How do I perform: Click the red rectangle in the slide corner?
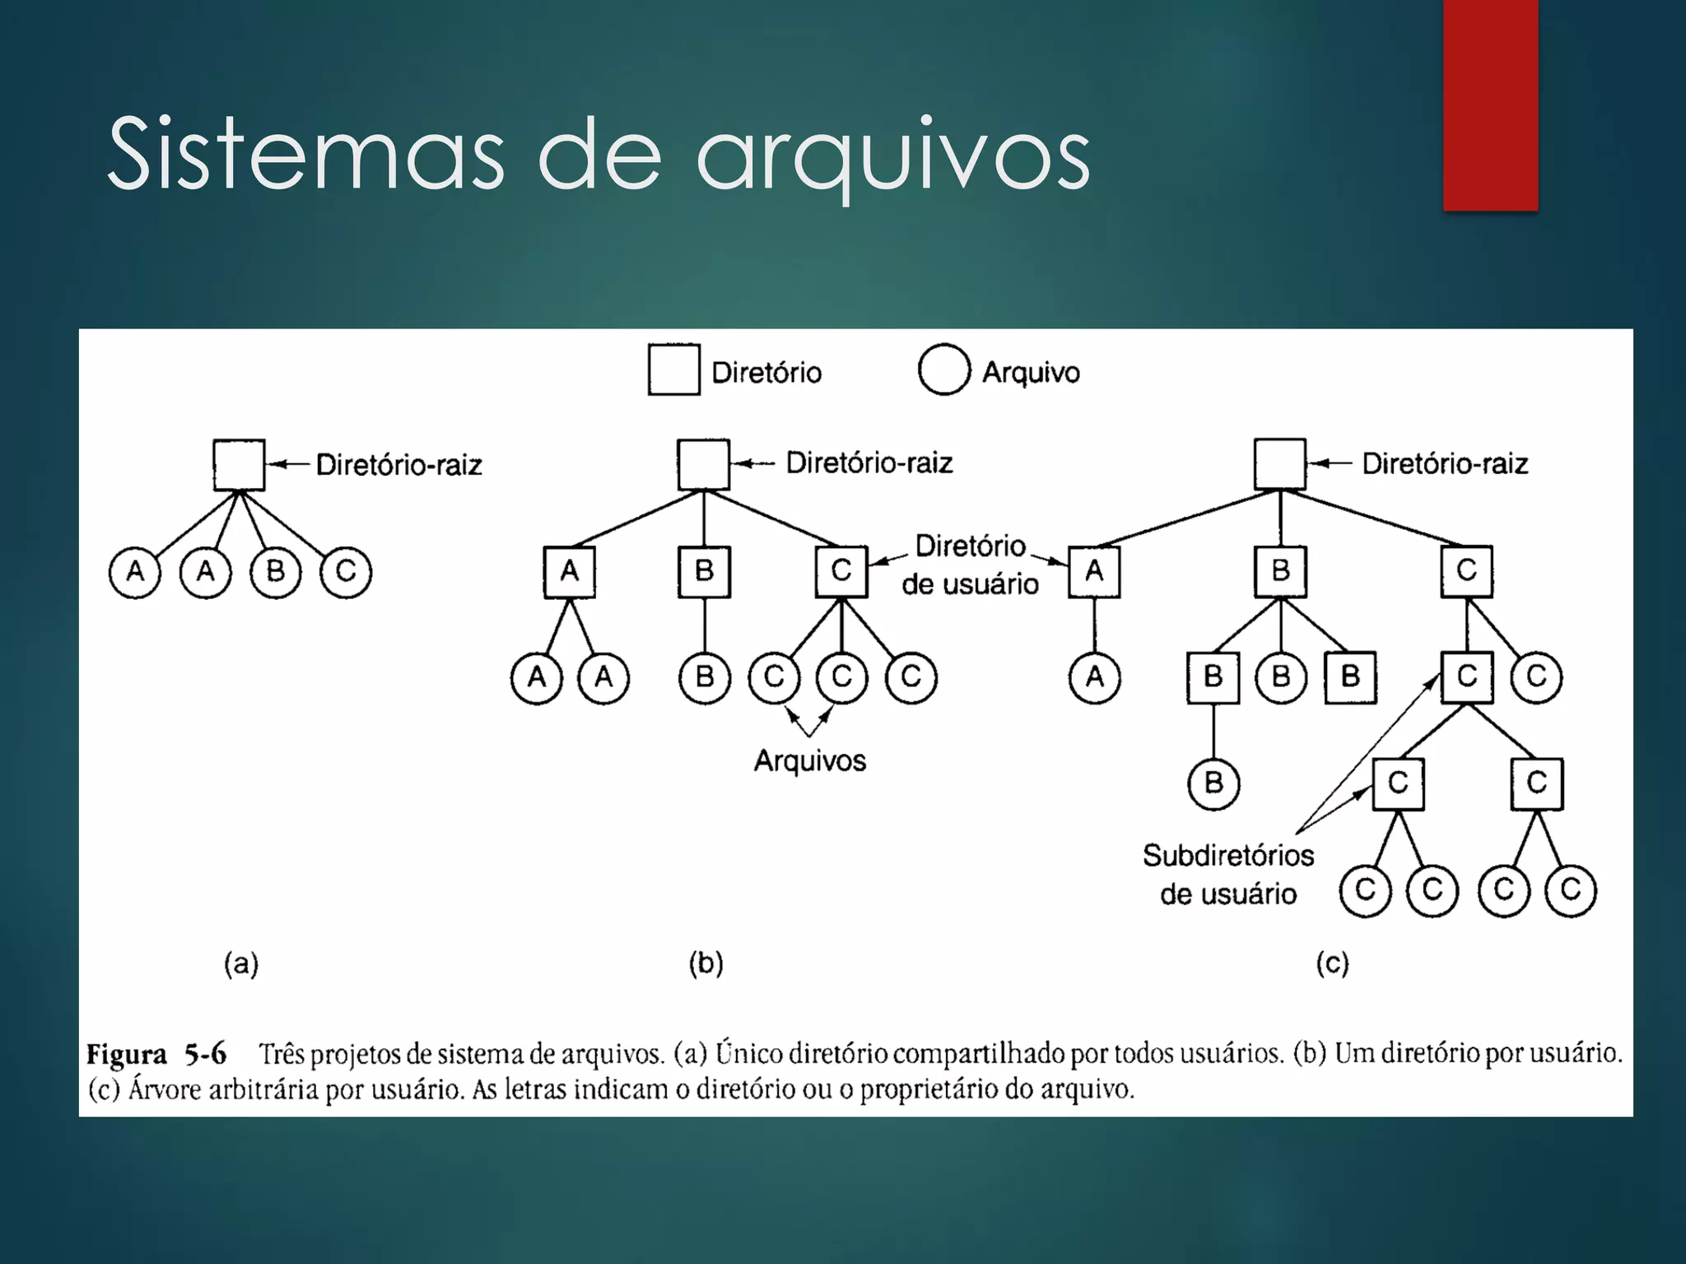1490,105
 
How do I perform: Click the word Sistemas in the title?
305,155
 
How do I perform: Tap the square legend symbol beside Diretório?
673,370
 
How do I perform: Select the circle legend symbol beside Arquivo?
943,370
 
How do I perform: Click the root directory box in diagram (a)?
239,465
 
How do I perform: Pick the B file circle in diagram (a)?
276,571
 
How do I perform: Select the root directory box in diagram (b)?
703,464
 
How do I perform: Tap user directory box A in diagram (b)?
569,571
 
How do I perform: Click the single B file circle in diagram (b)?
705,677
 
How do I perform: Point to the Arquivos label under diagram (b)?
810,760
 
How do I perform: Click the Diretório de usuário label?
971,565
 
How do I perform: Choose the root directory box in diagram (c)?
1279,464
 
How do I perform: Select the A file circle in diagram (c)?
1094,677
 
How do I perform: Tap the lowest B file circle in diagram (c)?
1213,783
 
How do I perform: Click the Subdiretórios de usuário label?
1228,874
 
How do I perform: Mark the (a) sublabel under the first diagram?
241,963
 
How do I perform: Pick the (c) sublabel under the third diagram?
1332,963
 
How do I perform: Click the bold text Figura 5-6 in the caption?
156,1054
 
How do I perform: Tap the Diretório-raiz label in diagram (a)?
399,465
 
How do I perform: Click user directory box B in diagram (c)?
1280,571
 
